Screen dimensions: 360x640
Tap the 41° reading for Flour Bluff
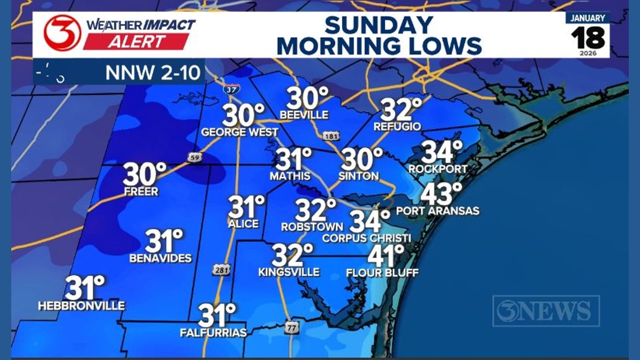click(x=386, y=256)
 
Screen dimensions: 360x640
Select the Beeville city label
click(x=304, y=115)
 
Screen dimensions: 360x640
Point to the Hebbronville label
click(x=81, y=306)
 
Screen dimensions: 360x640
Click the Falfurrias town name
click(x=213, y=333)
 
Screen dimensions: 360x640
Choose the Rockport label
click(x=438, y=169)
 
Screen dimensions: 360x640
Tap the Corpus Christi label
click(x=367, y=238)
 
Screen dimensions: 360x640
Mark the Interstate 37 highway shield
click(x=230, y=89)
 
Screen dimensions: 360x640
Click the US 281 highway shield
click(x=221, y=270)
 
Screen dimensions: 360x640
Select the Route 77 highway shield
click(x=291, y=328)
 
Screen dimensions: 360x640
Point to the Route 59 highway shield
click(x=195, y=158)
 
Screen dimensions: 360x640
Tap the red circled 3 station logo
click(x=62, y=33)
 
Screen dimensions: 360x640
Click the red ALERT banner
click(x=136, y=42)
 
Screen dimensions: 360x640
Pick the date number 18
click(x=588, y=38)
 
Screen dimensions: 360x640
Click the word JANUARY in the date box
click(x=588, y=18)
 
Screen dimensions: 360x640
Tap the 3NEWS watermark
click(x=546, y=311)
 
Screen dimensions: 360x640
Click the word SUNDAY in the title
click(x=379, y=25)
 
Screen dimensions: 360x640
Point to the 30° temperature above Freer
click(x=145, y=175)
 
